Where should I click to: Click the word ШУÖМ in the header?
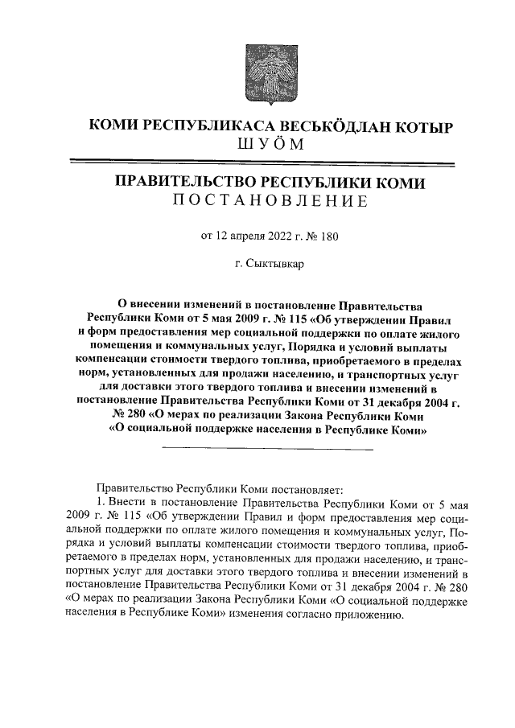257,145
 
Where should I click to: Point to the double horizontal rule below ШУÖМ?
257,163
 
